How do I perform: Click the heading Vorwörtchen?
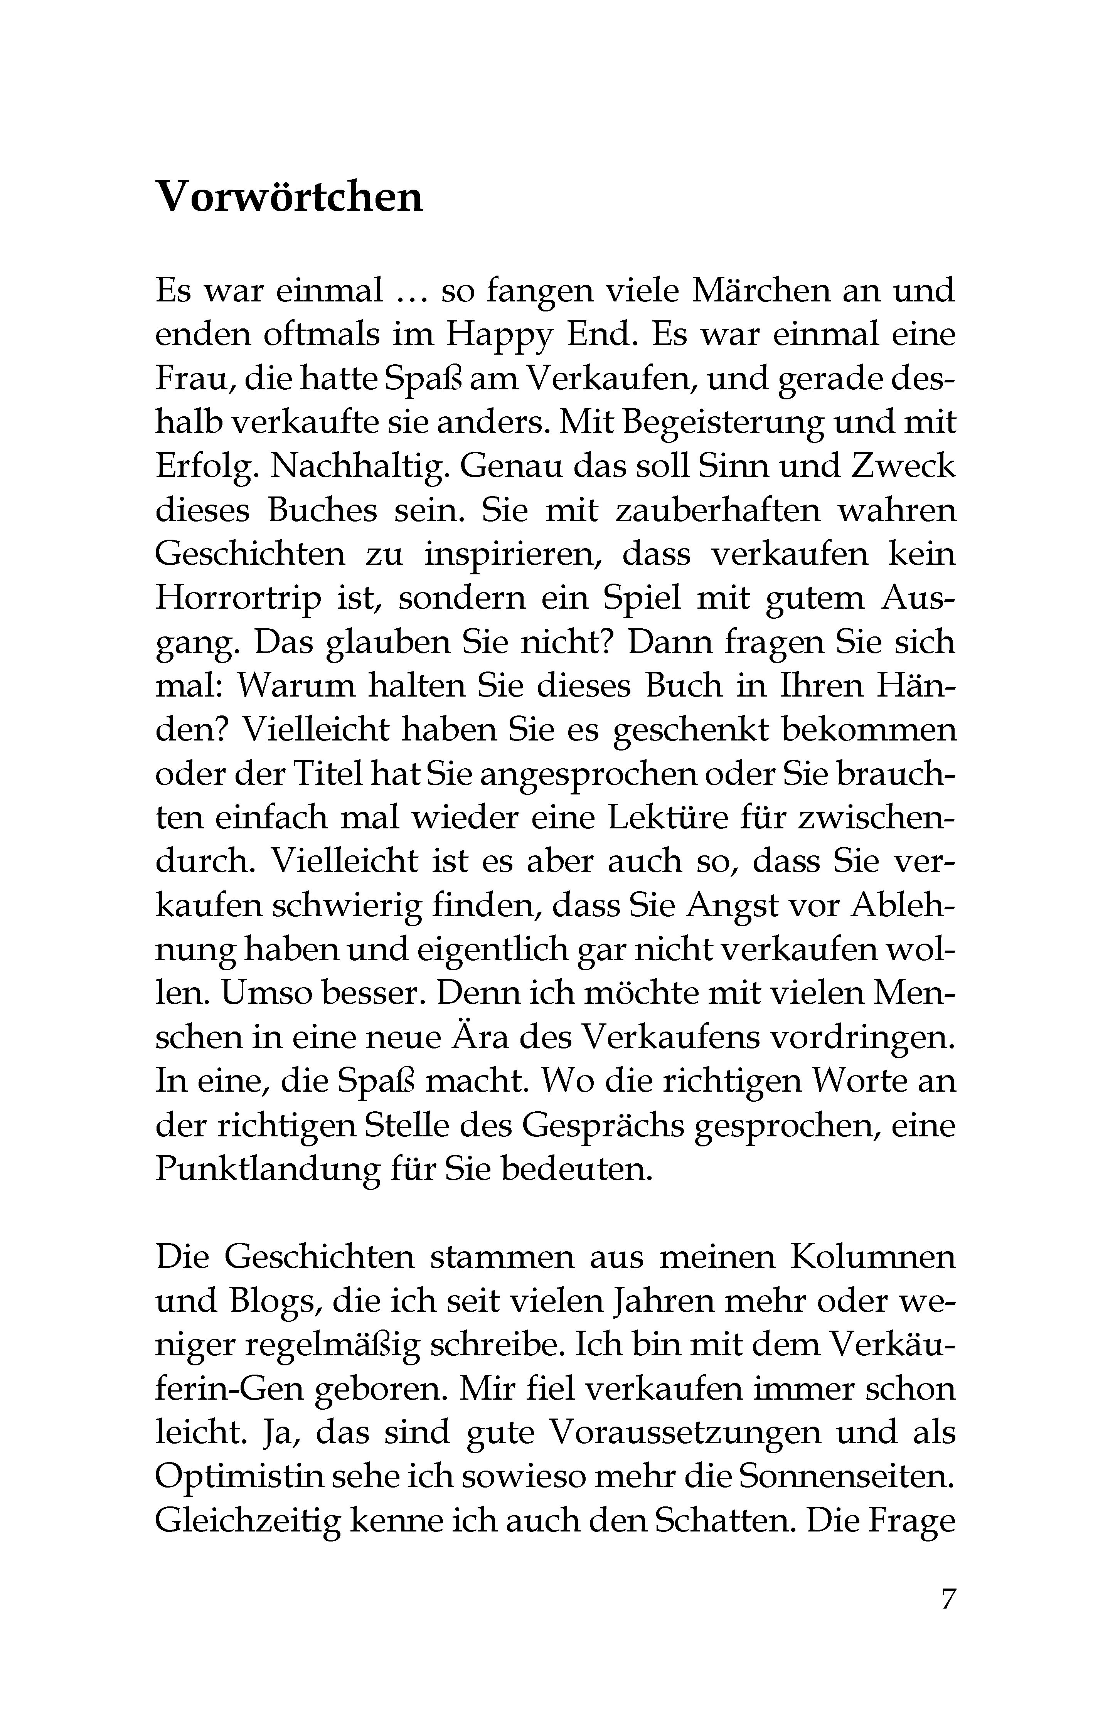[289, 196]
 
